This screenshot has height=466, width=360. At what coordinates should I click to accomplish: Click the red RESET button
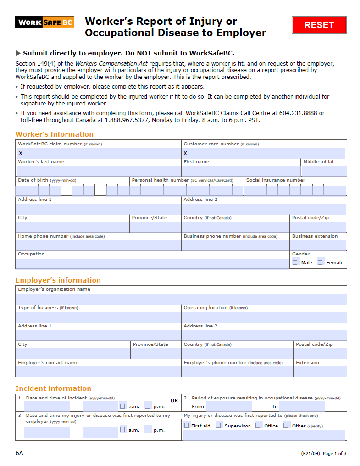coord(319,25)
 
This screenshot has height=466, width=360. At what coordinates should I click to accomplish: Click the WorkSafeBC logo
coord(44,22)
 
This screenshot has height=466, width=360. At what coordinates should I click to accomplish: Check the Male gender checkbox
coord(295,262)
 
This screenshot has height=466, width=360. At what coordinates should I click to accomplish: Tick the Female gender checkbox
coord(320,262)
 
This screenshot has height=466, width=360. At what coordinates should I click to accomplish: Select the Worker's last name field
coord(98,171)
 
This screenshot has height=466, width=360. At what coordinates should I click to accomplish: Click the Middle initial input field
coord(323,171)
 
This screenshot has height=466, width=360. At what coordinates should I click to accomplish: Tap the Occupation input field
coord(152,263)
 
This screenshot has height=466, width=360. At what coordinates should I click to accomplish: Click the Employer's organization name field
coord(181,299)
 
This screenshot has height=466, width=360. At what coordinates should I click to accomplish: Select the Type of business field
coord(98,317)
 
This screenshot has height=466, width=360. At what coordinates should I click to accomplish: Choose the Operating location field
coord(264,317)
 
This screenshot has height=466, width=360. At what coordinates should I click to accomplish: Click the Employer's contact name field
coord(98,372)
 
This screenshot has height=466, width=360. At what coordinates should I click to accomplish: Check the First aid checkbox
coord(187,425)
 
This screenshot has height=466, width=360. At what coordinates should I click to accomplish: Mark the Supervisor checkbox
coord(219,425)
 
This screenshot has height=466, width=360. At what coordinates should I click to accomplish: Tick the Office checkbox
coord(258,425)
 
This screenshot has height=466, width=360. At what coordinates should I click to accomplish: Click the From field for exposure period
coord(229,406)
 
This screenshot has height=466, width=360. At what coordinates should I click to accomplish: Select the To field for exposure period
coord(302,406)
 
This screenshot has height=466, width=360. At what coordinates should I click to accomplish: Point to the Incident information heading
coord(53,388)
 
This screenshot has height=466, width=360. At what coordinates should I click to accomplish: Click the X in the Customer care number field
coord(186,153)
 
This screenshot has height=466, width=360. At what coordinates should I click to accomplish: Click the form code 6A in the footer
coord(19,453)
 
